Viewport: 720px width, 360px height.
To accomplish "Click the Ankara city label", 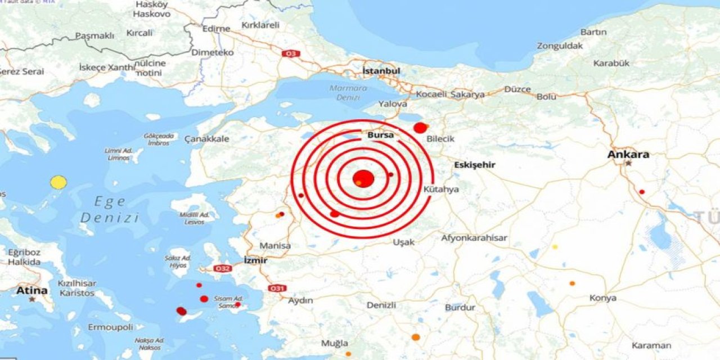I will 628,154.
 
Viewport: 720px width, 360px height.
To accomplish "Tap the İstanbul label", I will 381,71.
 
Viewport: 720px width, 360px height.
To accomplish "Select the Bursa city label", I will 381,136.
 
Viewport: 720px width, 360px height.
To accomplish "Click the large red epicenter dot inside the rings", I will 364,178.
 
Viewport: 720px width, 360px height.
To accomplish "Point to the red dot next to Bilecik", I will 420,128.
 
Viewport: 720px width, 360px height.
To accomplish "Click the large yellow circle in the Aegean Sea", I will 58,182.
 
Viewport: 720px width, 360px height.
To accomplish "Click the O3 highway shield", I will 291,53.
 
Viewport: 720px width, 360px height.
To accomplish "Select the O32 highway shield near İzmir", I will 223,268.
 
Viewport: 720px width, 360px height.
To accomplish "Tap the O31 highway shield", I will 276,288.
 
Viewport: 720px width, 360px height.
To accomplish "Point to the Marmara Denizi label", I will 348,92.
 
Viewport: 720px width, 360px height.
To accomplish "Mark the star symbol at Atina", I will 33,299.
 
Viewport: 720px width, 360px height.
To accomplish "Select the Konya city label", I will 602,298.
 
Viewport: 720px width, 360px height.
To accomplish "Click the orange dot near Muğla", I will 416,337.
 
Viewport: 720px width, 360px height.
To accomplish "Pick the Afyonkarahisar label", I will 474,238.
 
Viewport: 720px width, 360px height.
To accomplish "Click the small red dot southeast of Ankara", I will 642,192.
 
